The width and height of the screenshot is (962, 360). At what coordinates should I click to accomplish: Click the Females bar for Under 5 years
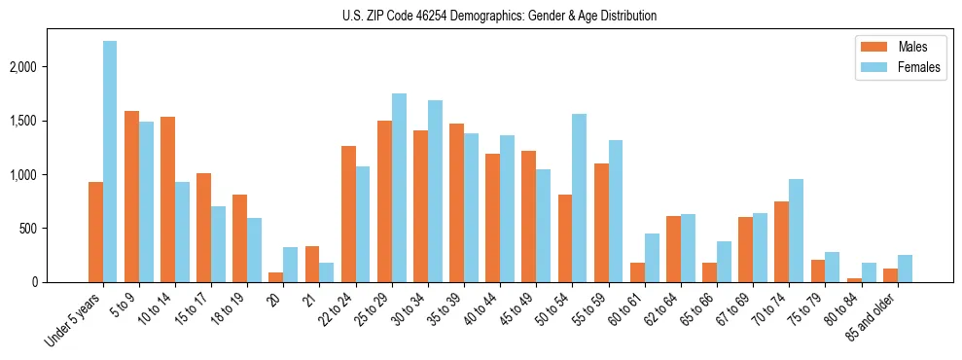click(x=110, y=162)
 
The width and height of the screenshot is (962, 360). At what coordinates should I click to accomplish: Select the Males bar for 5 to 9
click(x=131, y=197)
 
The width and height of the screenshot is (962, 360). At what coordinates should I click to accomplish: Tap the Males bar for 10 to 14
click(x=167, y=199)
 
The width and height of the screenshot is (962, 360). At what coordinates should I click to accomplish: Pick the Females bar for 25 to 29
click(x=399, y=188)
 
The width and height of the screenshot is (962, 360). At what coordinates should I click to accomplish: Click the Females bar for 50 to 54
click(x=579, y=198)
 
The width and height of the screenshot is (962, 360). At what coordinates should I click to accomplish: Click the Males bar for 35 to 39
click(x=456, y=203)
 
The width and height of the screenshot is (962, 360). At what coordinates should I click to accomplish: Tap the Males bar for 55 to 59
click(x=601, y=223)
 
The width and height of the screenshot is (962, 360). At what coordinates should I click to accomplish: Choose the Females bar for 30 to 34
click(x=435, y=192)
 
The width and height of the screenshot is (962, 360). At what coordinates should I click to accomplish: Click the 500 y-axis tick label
click(x=57, y=229)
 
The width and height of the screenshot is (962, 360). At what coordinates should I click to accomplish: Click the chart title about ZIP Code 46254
click(x=499, y=16)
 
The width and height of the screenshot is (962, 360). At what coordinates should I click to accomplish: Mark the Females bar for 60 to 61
click(x=651, y=258)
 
